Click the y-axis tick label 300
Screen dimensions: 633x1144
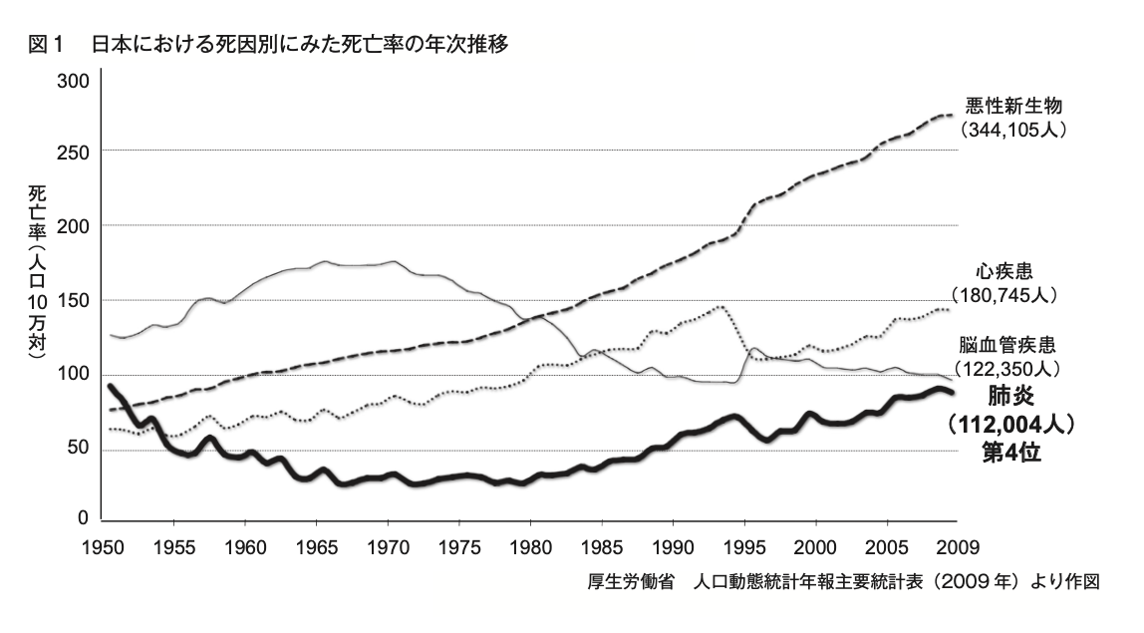(x=76, y=80)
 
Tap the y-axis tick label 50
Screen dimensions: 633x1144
(x=80, y=450)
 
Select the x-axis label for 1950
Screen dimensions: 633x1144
(x=103, y=546)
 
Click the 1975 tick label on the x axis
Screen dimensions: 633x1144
(x=458, y=546)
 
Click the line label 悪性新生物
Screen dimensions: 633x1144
(x=1012, y=106)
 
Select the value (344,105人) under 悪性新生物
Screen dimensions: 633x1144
(x=1012, y=130)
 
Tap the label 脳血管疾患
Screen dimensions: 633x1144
(x=1011, y=345)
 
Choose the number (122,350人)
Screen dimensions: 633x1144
(x=1011, y=369)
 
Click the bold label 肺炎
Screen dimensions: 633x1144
(x=1012, y=396)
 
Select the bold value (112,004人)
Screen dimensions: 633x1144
(x=1012, y=424)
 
